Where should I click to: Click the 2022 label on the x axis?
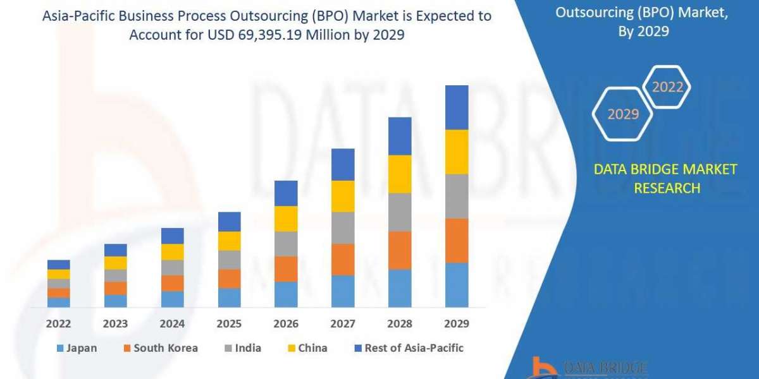[59, 323]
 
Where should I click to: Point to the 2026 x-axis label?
[286, 323]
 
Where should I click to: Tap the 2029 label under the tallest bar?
[457, 323]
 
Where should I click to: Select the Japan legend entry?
[77, 348]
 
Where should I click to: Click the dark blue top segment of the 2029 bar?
[457, 107]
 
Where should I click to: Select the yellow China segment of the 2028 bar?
[400, 174]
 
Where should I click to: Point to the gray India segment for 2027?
[343, 227]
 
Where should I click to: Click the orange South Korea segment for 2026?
[286, 269]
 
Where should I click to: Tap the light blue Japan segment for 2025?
[230, 298]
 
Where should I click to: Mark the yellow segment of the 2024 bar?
[173, 251]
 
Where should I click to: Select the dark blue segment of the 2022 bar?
[59, 264]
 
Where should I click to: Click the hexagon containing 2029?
[623, 114]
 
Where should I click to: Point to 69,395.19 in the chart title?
[292, 35]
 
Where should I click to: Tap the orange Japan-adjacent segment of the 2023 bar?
[116, 288]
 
